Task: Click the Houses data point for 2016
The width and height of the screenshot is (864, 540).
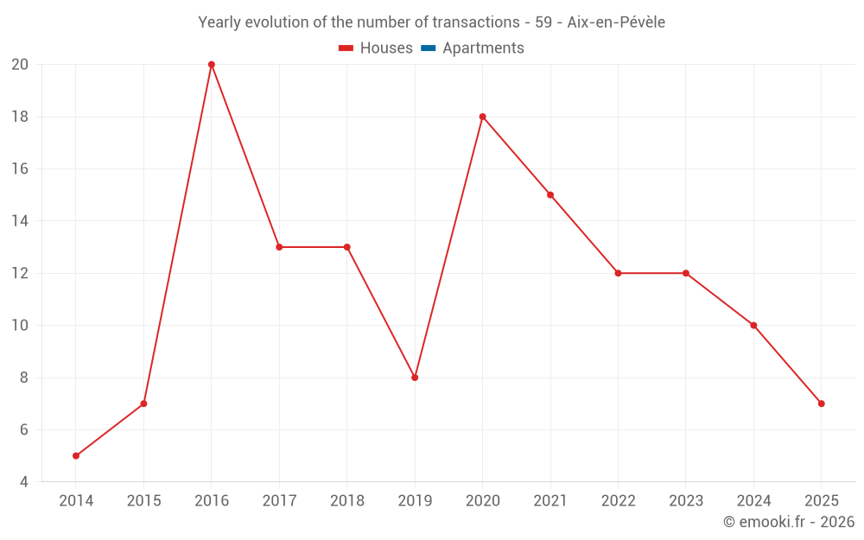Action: pos(211,65)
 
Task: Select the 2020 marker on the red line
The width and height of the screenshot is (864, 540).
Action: pos(482,117)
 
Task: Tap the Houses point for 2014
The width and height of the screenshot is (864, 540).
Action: pos(76,455)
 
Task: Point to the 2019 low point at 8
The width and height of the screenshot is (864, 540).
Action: pos(415,378)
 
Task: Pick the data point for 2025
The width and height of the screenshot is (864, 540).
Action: pos(821,403)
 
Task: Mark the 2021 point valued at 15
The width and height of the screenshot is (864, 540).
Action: pos(550,195)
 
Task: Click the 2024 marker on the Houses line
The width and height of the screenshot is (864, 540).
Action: pos(753,326)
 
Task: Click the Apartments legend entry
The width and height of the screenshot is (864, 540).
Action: pos(483,48)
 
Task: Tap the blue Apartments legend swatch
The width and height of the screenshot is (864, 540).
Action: pos(428,48)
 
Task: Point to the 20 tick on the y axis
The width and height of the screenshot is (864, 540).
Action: pos(20,65)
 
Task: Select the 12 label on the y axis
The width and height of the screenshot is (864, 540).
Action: pos(20,273)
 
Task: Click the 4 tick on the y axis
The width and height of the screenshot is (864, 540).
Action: pos(24,481)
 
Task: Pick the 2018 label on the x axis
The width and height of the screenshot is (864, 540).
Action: pos(347,501)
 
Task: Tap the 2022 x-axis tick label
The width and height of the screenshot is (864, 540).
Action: pos(618,501)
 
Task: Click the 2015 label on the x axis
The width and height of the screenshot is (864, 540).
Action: pos(143,501)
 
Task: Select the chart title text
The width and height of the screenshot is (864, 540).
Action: pos(431,22)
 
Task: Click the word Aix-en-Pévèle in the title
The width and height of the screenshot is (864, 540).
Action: pos(616,22)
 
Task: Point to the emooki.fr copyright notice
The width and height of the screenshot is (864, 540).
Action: pos(789,522)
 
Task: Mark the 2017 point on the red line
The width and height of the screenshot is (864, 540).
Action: pos(279,247)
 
